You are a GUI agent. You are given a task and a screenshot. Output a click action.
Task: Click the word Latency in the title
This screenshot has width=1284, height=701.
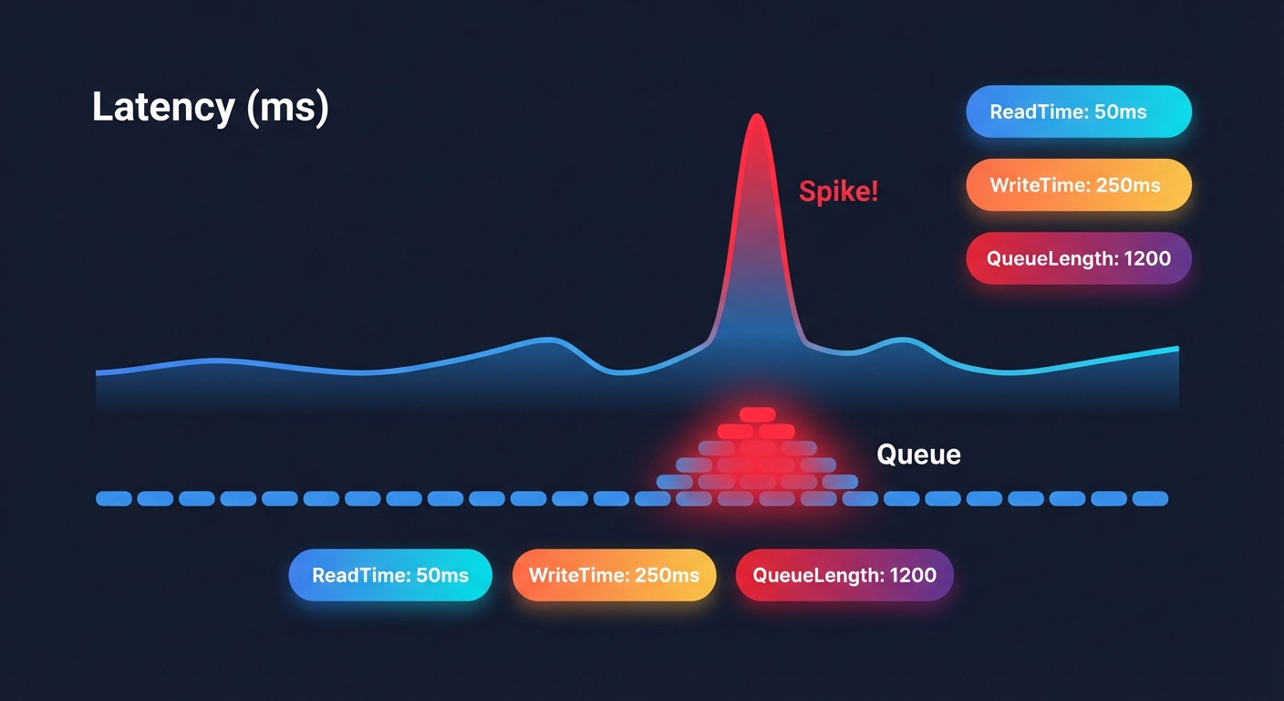tap(162, 108)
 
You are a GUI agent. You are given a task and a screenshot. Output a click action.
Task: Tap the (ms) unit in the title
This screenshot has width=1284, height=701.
tap(285, 108)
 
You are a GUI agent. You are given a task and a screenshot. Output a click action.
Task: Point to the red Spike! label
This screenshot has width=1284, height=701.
tap(838, 192)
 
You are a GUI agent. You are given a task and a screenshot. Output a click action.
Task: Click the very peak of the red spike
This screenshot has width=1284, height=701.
tap(756, 116)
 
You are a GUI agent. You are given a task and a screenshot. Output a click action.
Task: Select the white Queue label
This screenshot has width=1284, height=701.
tap(918, 455)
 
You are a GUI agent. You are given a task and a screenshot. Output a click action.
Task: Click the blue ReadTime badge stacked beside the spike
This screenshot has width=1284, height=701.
tap(1079, 112)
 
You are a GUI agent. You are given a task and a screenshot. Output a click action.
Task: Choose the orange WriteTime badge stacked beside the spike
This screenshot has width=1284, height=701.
tap(1079, 185)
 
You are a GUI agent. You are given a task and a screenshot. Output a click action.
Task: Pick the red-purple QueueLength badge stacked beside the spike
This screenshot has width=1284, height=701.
tap(1079, 258)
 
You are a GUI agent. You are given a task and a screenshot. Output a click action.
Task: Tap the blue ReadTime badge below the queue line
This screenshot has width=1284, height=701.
tap(390, 575)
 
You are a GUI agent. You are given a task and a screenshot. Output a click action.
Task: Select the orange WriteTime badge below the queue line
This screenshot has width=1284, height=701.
tap(614, 575)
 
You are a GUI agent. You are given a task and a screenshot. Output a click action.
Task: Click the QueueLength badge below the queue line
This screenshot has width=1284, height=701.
tap(844, 575)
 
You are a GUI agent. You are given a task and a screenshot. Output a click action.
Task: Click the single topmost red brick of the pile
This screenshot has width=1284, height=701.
tap(757, 414)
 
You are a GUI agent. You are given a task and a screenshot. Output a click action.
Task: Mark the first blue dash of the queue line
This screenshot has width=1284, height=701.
tap(114, 498)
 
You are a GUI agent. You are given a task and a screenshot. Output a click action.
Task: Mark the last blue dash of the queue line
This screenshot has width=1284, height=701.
tap(1151, 498)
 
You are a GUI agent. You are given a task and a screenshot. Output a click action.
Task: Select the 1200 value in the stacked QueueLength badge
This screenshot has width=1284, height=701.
tap(1147, 258)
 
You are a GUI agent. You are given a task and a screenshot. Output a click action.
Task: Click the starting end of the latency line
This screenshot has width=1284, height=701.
tap(98, 372)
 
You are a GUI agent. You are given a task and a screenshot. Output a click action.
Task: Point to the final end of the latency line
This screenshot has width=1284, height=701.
tap(1176, 348)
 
